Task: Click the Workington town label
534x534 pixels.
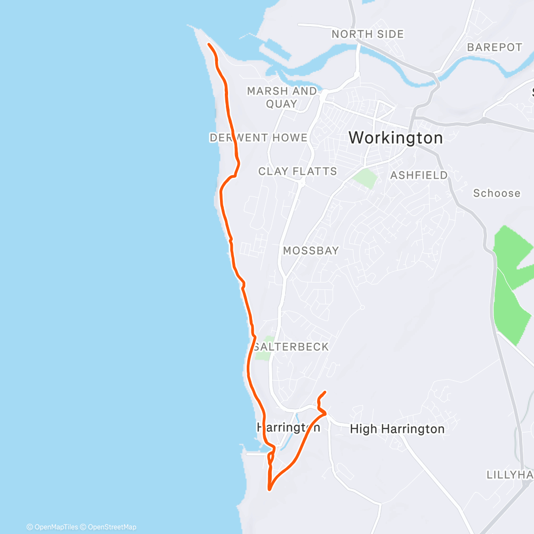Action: (396, 138)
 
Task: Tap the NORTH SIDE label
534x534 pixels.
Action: (367, 34)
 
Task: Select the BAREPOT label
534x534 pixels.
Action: (494, 47)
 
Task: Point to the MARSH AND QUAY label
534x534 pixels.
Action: (282, 97)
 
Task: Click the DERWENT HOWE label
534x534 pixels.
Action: (258, 138)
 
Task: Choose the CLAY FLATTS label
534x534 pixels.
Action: (297, 171)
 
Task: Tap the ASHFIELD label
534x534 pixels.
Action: (419, 175)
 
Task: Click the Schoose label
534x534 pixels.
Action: (497, 193)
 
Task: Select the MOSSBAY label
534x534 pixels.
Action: (311, 250)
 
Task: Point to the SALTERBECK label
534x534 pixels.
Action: (291, 347)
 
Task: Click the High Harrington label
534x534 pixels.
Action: (397, 429)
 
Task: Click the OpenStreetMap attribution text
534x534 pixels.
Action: (109, 527)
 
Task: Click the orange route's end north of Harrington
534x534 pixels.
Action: (325, 393)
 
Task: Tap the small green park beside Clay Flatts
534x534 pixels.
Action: (365, 178)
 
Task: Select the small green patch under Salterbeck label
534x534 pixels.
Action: (263, 355)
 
